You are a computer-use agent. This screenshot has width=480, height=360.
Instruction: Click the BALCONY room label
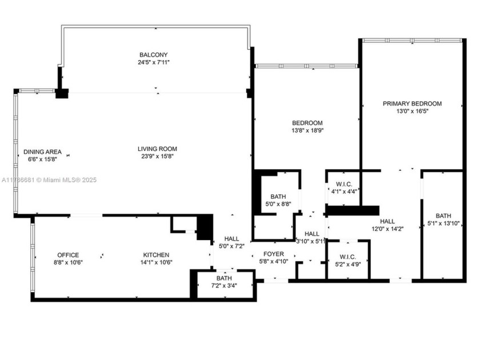coord(154,55)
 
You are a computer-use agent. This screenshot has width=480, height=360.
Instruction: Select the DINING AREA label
coord(42,151)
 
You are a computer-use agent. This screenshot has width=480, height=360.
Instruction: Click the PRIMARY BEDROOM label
coord(412,103)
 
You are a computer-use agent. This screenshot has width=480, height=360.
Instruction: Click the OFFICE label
coord(67,255)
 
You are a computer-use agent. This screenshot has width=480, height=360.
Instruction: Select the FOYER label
coord(274,253)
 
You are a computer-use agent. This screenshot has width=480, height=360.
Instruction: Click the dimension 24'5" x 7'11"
coord(154,63)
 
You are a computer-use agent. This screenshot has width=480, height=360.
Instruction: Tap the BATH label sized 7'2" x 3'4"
coord(224,278)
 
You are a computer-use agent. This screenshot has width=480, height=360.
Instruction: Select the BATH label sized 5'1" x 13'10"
coord(443,215)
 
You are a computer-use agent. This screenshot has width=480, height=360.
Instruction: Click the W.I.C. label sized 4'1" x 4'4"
coord(343,184)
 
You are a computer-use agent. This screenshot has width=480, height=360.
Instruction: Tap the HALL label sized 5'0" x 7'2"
coord(231,239)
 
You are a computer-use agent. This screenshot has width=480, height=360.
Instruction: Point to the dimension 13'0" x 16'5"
coord(412,111)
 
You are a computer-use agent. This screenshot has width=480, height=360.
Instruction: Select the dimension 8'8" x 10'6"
coord(67,263)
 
